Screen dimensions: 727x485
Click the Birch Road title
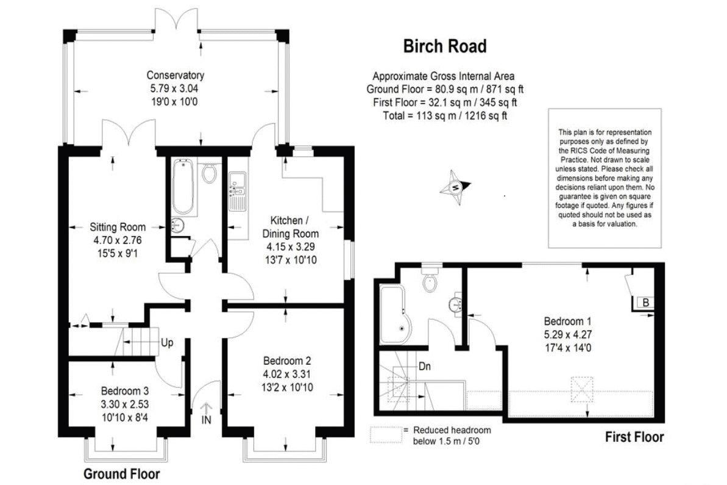click(x=445, y=46)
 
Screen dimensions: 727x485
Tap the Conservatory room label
click(x=176, y=75)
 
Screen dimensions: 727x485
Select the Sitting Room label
click(x=118, y=227)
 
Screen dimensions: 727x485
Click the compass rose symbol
click(x=456, y=187)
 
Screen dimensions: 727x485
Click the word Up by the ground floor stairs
click(x=167, y=343)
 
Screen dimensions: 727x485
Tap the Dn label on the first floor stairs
click(x=424, y=367)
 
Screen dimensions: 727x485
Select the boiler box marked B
click(x=645, y=303)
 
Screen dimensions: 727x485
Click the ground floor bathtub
click(x=183, y=187)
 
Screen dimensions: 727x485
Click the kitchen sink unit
click(x=238, y=189)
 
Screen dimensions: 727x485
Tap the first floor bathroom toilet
click(x=430, y=278)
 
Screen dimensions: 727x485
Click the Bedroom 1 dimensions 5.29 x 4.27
click(x=567, y=334)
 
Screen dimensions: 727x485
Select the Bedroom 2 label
click(x=287, y=361)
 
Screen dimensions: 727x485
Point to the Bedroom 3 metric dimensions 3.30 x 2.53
click(x=125, y=404)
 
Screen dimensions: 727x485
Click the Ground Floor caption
click(x=121, y=474)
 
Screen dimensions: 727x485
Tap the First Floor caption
click(x=634, y=437)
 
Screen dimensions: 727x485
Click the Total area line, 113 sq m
click(x=445, y=115)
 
